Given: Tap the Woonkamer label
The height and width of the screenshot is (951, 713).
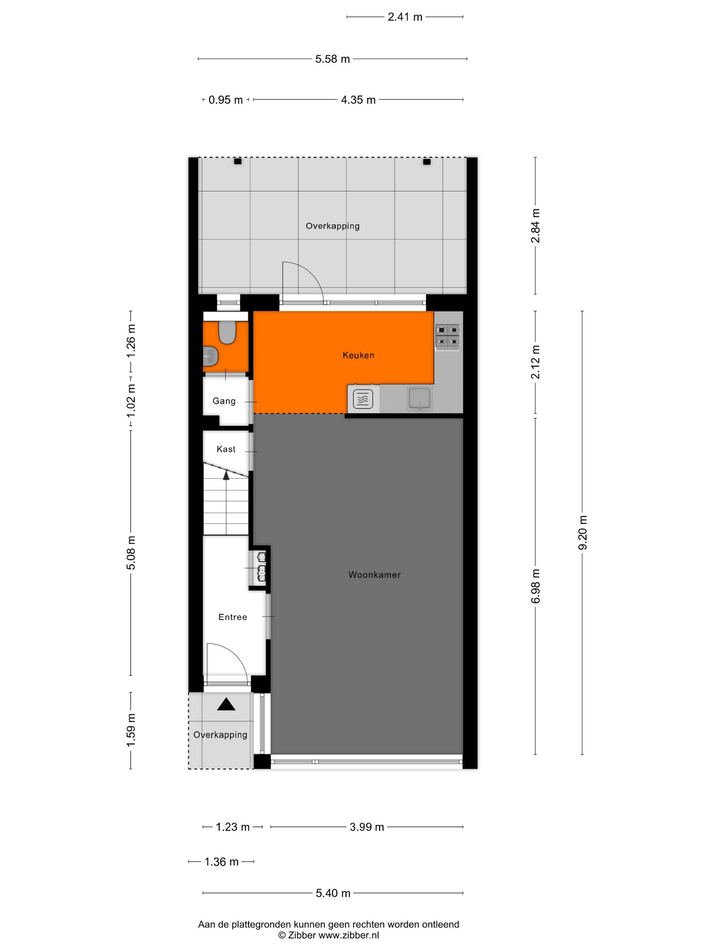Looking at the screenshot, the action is click(374, 575).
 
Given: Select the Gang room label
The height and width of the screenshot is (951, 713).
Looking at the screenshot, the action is click(224, 401).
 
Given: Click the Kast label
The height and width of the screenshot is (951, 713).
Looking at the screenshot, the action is click(226, 449).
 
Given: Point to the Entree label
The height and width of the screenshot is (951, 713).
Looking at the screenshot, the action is click(233, 617).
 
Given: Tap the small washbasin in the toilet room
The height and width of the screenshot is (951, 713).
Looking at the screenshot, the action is click(211, 356).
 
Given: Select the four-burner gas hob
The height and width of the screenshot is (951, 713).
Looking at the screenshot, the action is click(447, 336).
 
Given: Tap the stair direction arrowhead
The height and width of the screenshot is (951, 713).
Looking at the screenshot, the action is click(226, 474).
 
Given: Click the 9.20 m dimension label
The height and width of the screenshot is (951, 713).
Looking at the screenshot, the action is click(582, 532).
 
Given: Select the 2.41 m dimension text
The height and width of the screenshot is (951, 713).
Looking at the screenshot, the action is click(405, 17).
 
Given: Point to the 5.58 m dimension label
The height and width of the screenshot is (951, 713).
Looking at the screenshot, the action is click(332, 59).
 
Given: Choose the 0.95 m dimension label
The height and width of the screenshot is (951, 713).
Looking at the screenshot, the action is click(226, 100).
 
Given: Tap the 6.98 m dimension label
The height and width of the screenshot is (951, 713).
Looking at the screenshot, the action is click(535, 586).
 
